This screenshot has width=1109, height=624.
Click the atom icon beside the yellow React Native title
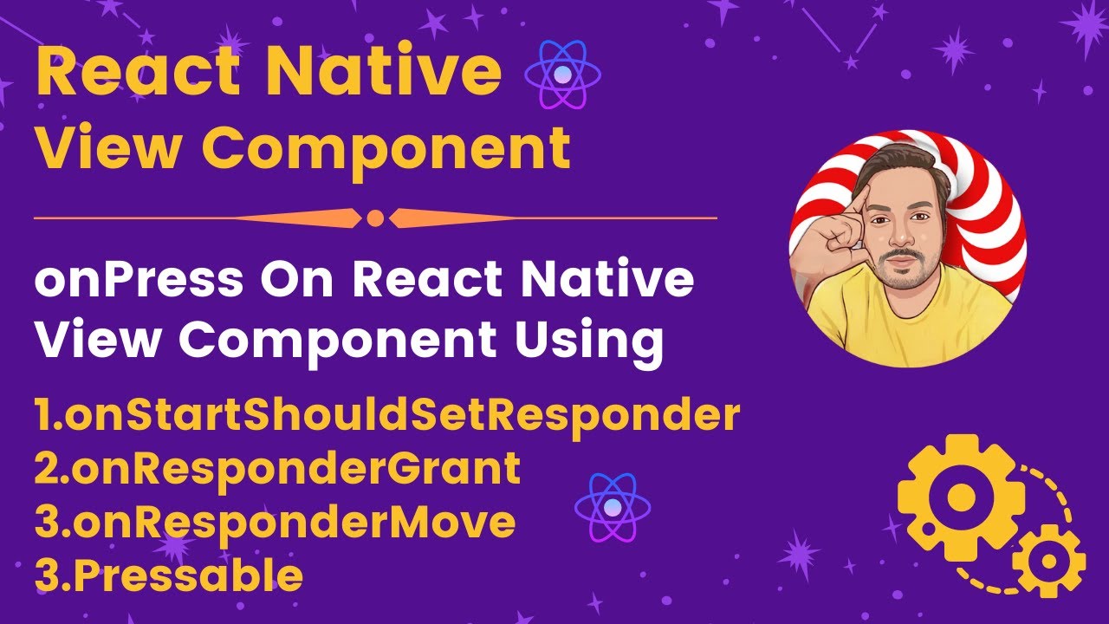coord(563,76)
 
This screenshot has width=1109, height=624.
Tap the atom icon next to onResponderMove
coord(613,508)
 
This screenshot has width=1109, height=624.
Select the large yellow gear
coord(960,497)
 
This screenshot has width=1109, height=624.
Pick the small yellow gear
coord(1049,560)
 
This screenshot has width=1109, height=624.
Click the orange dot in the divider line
coord(375,218)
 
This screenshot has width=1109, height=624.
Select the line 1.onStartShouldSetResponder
coord(387,416)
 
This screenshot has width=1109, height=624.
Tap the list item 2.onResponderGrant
coord(277,469)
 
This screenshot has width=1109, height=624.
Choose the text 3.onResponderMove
coord(275,522)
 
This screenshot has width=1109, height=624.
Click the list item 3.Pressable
coord(169,575)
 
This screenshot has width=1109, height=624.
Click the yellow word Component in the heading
coord(387,147)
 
